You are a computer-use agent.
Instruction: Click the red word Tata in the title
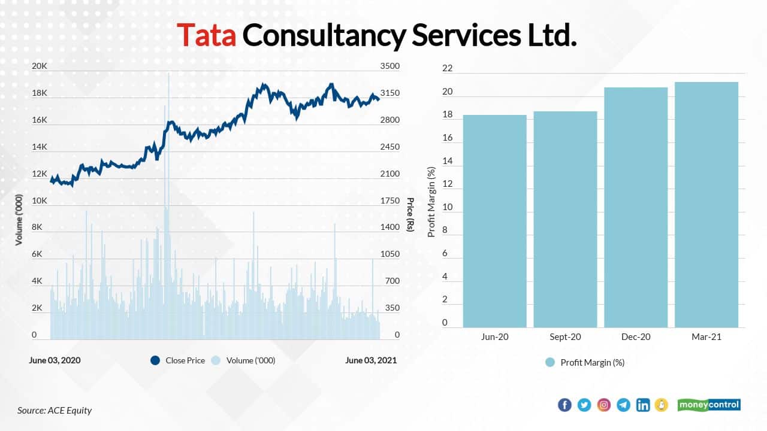coord(207,36)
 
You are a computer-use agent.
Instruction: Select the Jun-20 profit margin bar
coord(495,221)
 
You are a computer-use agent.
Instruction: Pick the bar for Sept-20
coord(565,219)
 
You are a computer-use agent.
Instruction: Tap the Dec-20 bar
coord(636,207)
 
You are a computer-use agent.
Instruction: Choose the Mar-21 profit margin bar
coord(706,204)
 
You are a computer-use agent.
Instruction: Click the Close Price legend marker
coord(155,360)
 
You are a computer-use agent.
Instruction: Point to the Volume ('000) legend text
coord(250,360)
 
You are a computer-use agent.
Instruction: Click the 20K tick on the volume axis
coord(39,66)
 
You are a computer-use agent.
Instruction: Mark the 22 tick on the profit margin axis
coord(447,69)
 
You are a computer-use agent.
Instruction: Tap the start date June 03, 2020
coord(55,360)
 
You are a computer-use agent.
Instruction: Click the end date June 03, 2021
coord(371,360)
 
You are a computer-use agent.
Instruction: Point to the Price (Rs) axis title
coord(410,214)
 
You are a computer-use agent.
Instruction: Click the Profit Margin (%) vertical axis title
coord(431,202)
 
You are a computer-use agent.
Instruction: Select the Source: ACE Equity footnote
coord(55,410)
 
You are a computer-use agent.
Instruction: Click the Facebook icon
coord(564,405)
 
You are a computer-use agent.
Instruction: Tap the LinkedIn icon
coord(643,405)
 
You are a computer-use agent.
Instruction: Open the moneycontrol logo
coord(709,405)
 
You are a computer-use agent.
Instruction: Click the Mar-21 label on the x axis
coord(706,337)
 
